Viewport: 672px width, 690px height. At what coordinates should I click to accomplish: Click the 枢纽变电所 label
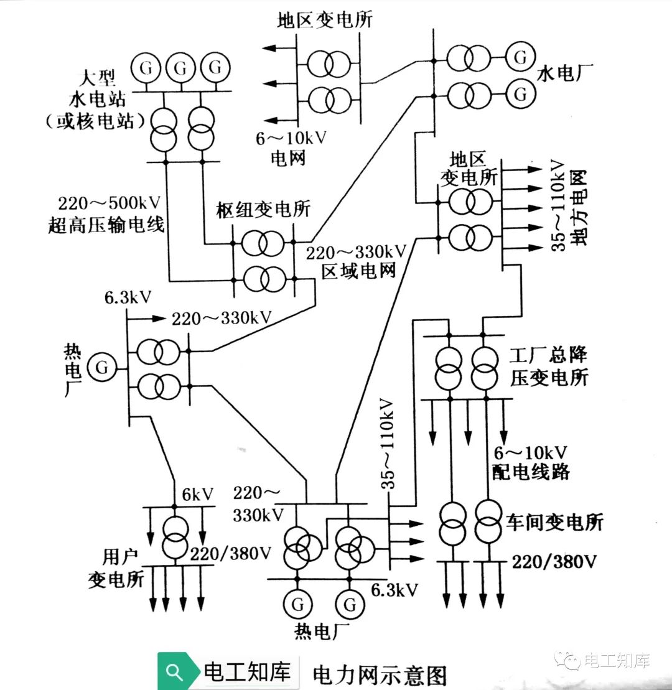(263, 210)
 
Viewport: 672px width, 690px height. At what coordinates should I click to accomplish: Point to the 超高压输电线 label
(106, 225)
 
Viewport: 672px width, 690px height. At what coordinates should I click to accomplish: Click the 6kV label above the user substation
(198, 495)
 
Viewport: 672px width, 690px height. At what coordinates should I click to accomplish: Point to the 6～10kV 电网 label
(291, 147)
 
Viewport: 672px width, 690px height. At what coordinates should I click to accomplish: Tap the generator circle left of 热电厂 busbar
(101, 368)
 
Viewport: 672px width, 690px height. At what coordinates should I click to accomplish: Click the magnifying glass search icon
(175, 672)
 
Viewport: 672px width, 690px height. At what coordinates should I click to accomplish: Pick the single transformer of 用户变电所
(175, 536)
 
